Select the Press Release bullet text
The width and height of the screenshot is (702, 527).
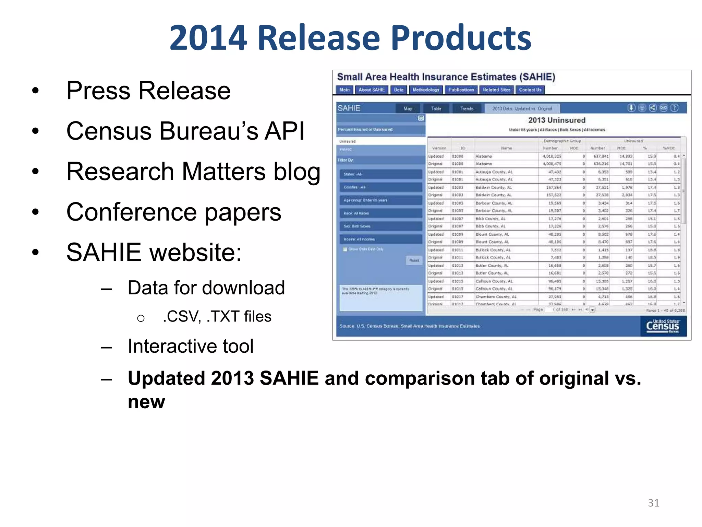148,91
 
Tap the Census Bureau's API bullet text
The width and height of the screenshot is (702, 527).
185,131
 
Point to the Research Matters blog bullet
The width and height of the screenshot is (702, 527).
193,172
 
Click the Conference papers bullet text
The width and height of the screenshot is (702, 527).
173,212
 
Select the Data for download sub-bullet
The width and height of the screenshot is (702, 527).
206,288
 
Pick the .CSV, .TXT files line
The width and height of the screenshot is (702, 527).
217,316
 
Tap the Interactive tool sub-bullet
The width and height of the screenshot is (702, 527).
191,346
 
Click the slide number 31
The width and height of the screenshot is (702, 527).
653,503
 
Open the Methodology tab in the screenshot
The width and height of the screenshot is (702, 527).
426,90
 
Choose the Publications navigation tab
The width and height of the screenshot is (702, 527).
461,90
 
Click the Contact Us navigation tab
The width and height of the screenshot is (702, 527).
530,90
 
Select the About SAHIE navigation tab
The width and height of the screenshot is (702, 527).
372,90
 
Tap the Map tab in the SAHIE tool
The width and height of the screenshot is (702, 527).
408,109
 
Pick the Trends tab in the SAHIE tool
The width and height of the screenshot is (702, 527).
467,109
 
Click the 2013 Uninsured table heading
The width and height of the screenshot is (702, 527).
557,120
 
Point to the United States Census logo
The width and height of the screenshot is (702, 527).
662,326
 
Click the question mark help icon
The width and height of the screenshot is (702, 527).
674,108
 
